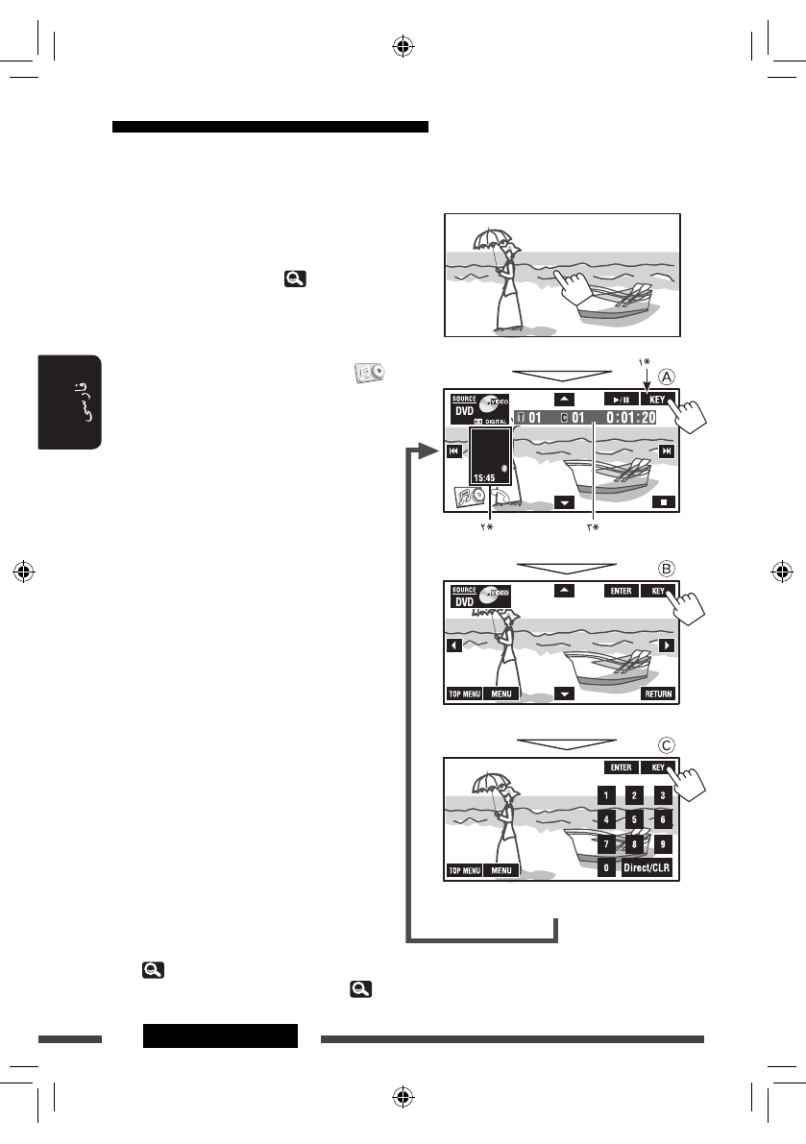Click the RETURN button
pos(658,694)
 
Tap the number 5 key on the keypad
pos(634,819)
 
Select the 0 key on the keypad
pos(606,867)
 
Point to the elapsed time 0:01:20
pos(633,418)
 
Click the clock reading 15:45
pos(484,476)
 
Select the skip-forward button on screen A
pos(667,452)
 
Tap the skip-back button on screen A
pos(453,452)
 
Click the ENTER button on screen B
pos(621,592)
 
